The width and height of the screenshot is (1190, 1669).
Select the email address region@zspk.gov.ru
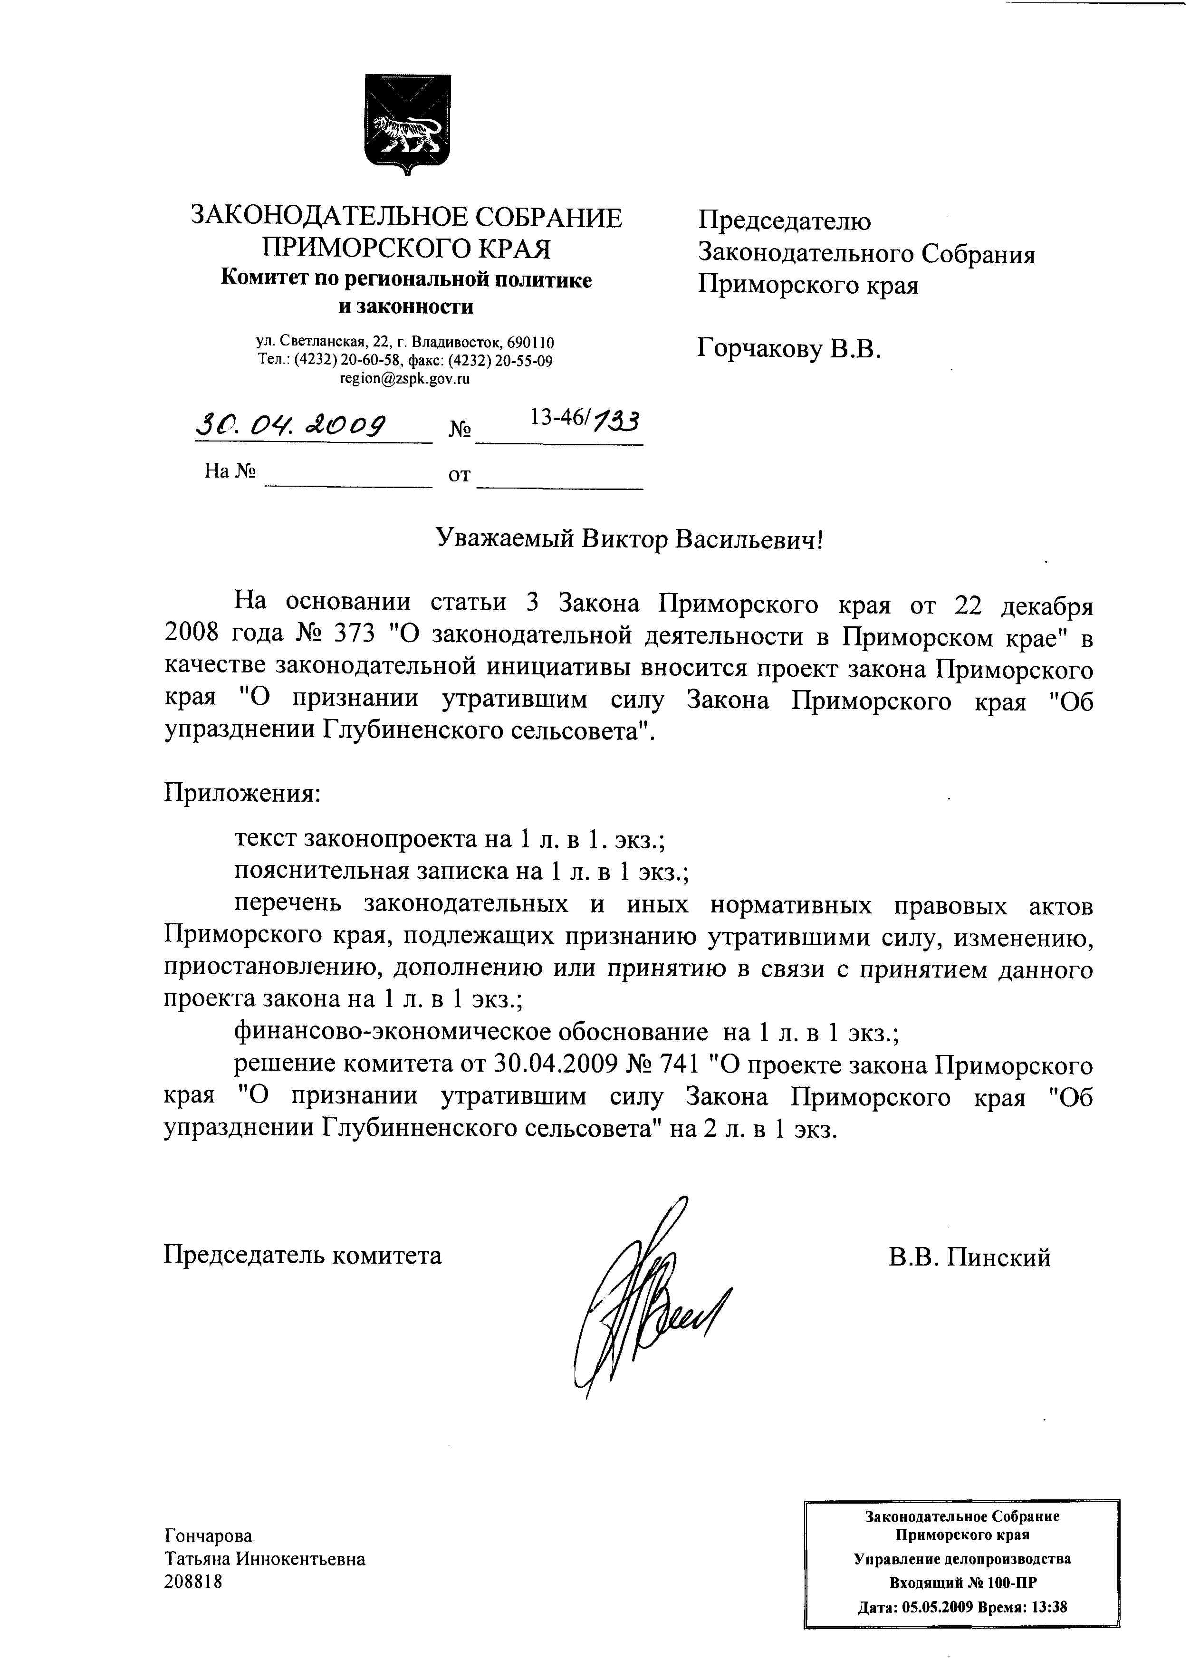coord(404,379)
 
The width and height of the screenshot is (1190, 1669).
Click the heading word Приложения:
coord(242,793)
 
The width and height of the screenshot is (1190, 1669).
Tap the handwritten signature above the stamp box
coord(645,1297)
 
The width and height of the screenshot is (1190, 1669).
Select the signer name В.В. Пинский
coord(969,1257)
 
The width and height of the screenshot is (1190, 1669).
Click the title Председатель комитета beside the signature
coord(302,1256)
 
